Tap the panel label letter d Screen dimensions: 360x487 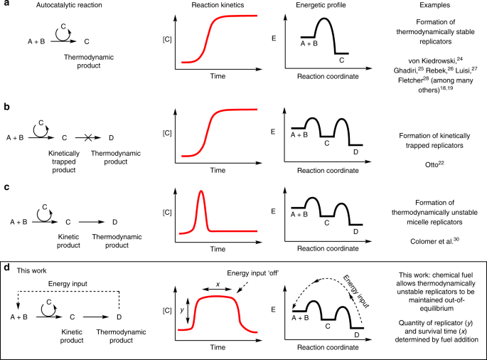tap(5, 270)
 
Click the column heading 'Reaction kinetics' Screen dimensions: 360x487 tap(218, 6)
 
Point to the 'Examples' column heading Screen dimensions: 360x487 tap(432, 6)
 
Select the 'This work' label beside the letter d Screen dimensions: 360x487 tap(31, 270)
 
